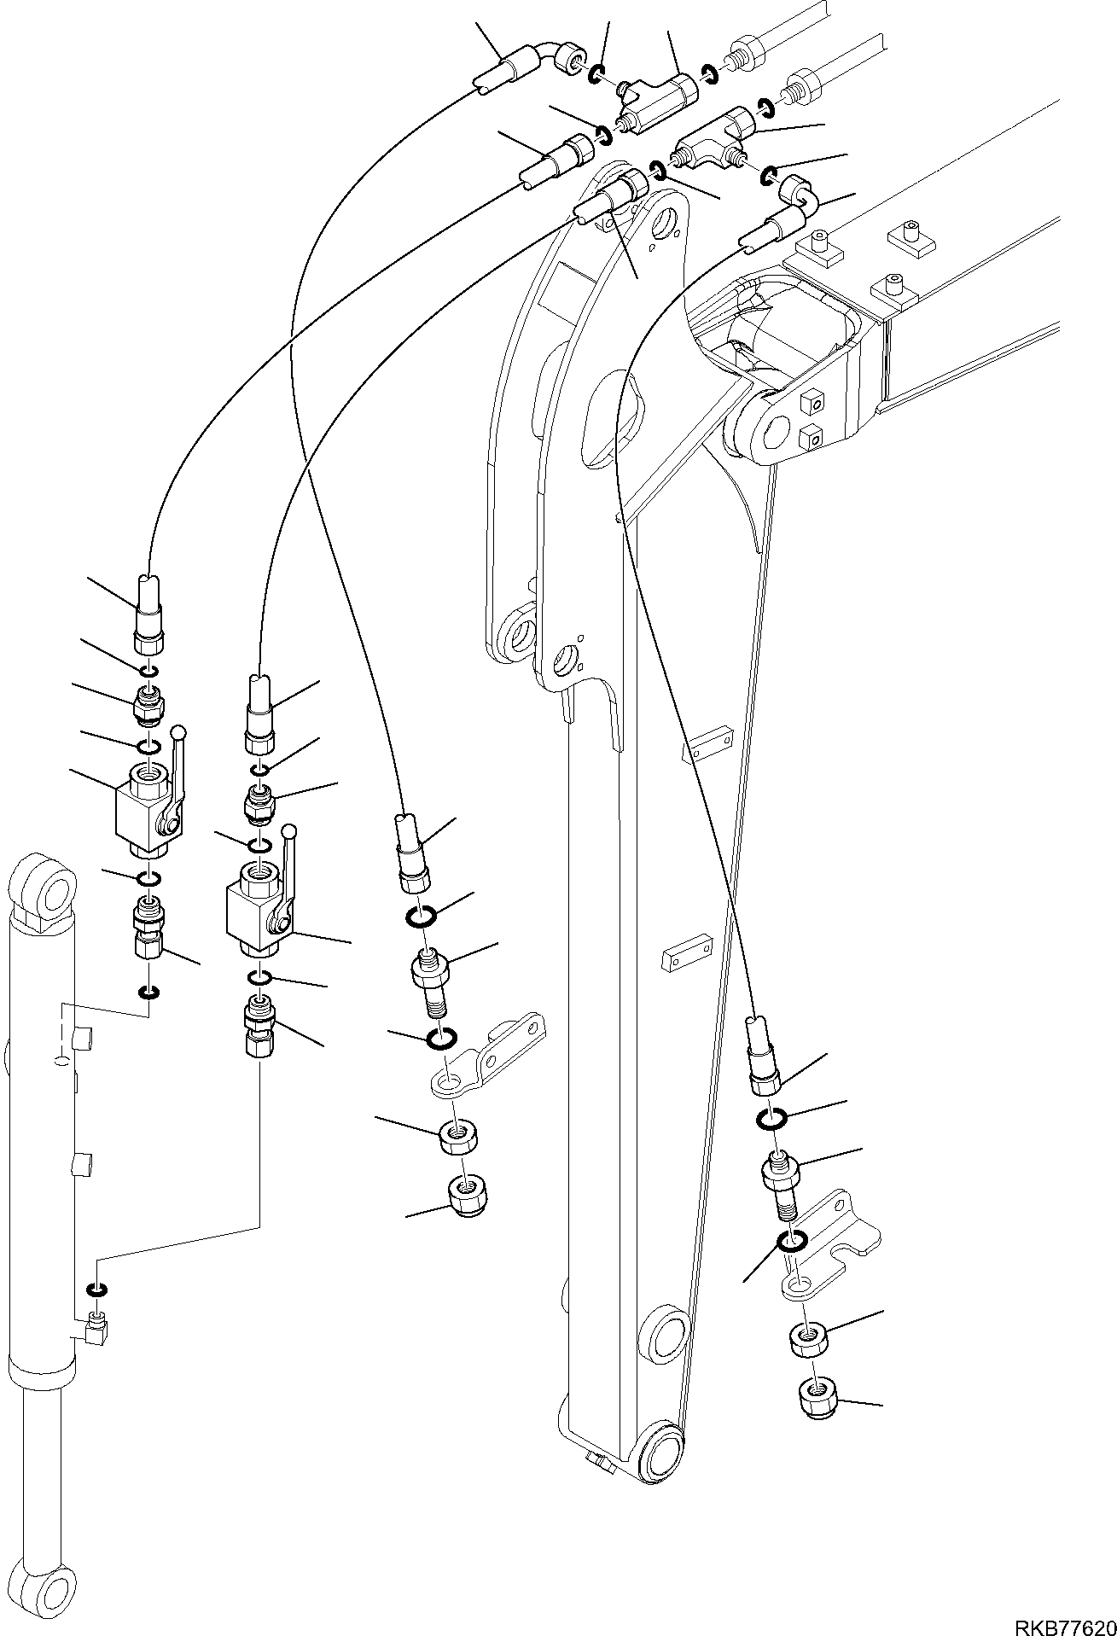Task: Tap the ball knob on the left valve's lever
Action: pos(179,732)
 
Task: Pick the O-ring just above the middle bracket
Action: pos(440,1039)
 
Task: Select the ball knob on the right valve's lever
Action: pos(289,830)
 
